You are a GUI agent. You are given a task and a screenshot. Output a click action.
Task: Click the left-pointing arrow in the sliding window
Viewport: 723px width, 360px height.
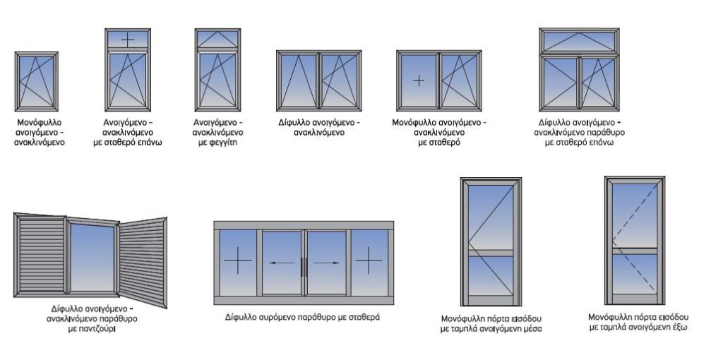click(281, 263)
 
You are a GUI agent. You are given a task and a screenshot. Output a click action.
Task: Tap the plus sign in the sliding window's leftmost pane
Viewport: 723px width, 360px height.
click(237, 263)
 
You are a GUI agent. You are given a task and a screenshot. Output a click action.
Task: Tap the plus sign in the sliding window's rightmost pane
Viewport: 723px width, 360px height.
click(369, 263)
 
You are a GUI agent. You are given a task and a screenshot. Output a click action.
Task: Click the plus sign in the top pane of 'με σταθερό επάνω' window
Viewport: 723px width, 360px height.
click(127, 39)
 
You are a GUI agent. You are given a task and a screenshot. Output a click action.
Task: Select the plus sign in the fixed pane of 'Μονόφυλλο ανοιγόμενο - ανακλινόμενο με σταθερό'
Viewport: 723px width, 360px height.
click(419, 80)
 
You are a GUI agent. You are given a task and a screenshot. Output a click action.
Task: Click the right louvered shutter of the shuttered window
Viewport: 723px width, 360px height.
click(143, 261)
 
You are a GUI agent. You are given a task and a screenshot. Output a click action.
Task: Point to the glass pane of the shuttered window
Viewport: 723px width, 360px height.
click(91, 257)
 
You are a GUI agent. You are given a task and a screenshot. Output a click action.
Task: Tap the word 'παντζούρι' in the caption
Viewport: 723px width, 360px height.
click(91, 329)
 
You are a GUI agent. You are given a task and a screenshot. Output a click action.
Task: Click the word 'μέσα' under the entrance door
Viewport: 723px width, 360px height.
click(531, 328)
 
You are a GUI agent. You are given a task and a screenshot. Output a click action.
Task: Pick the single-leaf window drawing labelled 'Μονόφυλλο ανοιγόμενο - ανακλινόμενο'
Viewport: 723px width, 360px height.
click(37, 80)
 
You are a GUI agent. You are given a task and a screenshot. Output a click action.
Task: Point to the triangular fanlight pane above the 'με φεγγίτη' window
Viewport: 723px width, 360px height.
click(217, 39)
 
